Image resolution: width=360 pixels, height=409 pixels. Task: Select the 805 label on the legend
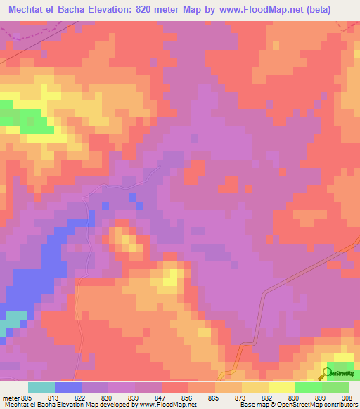[27, 398]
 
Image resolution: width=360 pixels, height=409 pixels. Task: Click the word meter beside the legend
[9, 398]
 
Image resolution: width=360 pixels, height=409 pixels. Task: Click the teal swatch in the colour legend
[41, 387]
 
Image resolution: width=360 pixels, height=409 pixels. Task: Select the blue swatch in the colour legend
[68, 387]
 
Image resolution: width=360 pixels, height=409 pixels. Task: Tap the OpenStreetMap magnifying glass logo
[327, 372]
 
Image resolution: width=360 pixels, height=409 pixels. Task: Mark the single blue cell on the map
[105, 205]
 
